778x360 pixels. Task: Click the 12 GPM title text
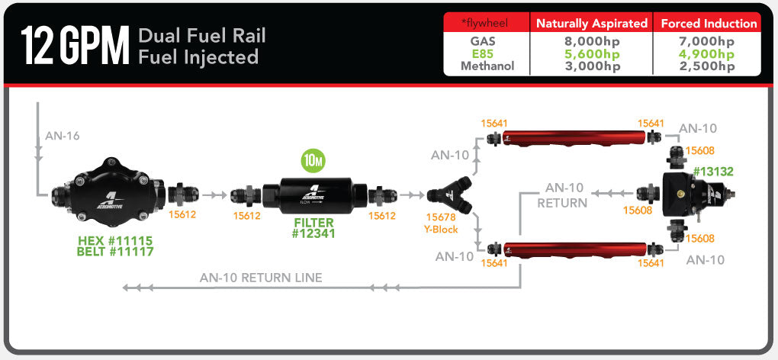point(74,46)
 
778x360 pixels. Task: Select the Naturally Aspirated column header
point(592,23)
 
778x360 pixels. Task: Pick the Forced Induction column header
point(709,23)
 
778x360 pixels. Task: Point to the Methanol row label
point(487,66)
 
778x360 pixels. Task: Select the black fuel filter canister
point(315,196)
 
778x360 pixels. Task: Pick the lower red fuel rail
point(568,249)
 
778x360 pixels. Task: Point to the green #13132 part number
point(712,172)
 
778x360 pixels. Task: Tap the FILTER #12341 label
point(313,229)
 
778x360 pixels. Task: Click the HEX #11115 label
point(115,240)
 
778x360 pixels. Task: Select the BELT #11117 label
point(115,252)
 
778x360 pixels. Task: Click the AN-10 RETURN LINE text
point(261,278)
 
